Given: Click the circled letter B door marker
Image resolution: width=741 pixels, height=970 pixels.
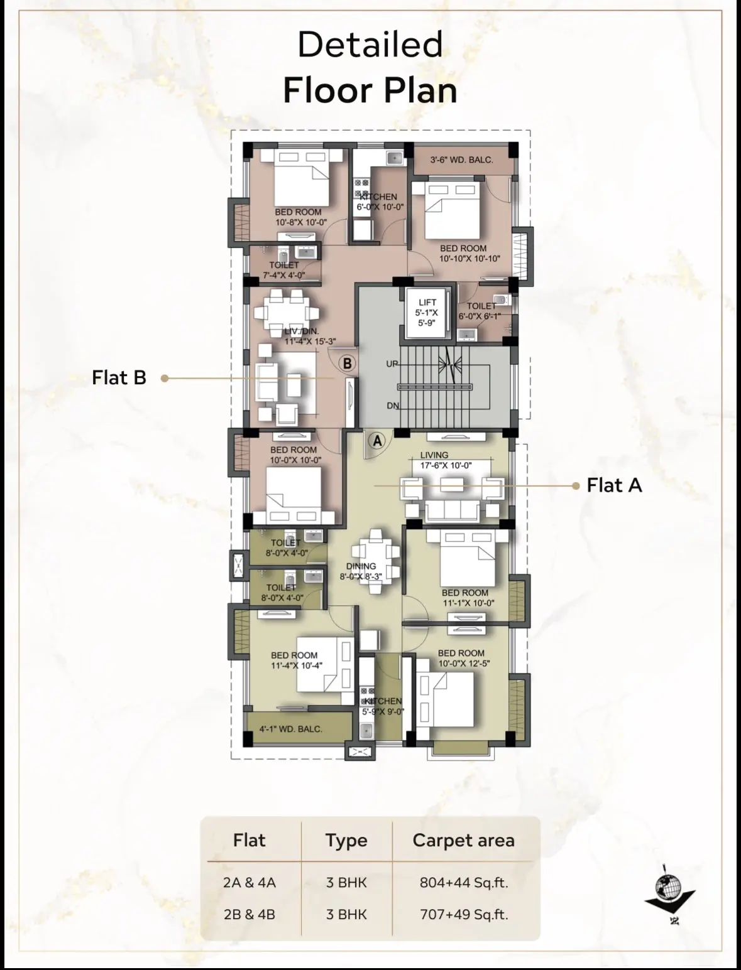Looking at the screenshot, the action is [x=348, y=364].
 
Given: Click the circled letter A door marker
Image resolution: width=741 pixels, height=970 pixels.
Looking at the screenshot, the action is [x=377, y=441].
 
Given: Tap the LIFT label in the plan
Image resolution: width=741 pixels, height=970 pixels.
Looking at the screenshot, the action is [x=427, y=303].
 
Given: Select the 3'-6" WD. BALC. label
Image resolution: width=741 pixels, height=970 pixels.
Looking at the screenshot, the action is [x=461, y=160].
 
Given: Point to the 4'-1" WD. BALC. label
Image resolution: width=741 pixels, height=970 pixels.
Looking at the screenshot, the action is [x=290, y=729].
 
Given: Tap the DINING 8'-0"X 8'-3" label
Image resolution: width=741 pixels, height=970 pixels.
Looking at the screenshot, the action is [x=361, y=571].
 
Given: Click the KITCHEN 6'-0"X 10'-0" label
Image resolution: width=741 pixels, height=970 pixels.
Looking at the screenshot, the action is [x=380, y=202].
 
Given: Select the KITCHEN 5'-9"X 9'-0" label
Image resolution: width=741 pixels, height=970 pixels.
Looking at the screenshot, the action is [x=383, y=706].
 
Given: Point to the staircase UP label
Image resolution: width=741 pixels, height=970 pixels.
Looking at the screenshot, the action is [x=392, y=364].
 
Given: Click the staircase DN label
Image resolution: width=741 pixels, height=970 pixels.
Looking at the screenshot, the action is [x=393, y=406].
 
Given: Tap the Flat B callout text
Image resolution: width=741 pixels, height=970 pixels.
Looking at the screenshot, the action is [x=119, y=377].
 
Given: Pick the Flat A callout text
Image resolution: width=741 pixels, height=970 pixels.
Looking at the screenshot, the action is [x=614, y=485].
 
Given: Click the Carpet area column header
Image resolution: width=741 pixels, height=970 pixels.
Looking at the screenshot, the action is [x=464, y=841].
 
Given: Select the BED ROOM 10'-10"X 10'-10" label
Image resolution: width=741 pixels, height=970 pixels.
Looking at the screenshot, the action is [x=469, y=253].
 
